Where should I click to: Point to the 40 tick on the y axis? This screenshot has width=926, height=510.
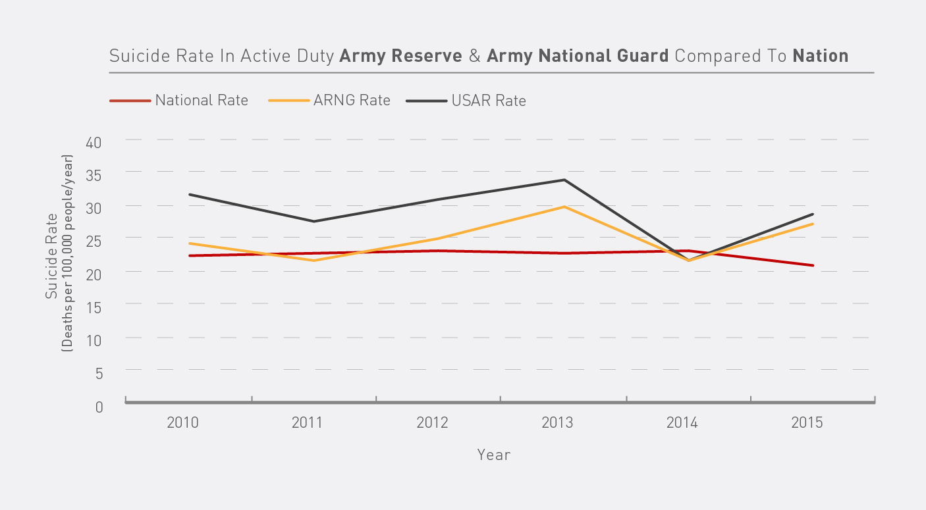[x=95, y=142]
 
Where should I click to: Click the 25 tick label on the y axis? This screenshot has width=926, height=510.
[x=95, y=241]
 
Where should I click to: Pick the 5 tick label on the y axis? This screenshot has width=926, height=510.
[x=99, y=373]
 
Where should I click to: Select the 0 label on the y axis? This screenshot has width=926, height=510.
[x=99, y=407]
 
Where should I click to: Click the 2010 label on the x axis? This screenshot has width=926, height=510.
[x=182, y=422]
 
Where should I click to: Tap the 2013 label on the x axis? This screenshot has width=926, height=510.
[x=557, y=422]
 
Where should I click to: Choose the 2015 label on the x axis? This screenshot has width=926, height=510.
[x=807, y=422]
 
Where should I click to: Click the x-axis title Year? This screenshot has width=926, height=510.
[x=494, y=455]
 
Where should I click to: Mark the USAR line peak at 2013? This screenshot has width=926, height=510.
[x=564, y=180]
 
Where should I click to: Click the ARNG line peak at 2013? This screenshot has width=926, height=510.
[x=564, y=207]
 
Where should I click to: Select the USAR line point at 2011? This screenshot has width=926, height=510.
[x=314, y=221]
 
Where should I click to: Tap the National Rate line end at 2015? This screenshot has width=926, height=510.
[x=813, y=265]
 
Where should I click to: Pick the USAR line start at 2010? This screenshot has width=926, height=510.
[x=190, y=194]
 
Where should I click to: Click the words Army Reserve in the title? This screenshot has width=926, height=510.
[x=400, y=56]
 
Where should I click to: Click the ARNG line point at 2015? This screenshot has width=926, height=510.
[x=813, y=224]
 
